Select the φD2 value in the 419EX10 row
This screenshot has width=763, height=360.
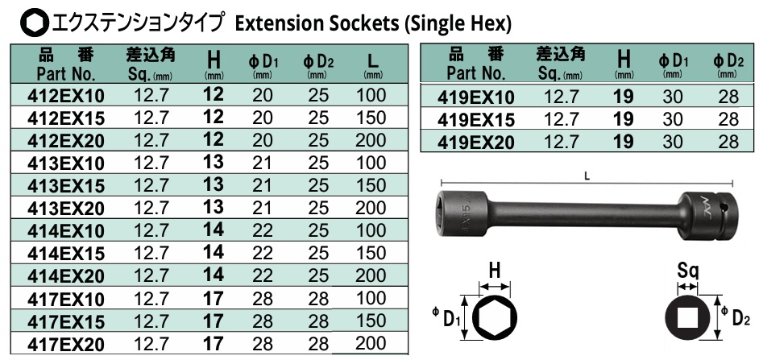tap(728, 98)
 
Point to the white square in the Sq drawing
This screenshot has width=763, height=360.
tap(688, 318)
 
